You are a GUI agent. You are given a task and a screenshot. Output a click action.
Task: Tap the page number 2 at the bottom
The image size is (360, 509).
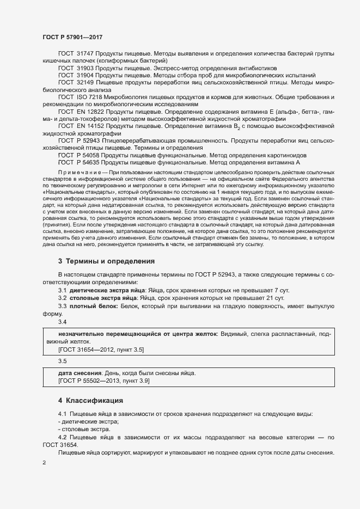(x=44, y=463)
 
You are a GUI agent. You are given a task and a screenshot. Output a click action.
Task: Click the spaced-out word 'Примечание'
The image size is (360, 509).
(x=77, y=173)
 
